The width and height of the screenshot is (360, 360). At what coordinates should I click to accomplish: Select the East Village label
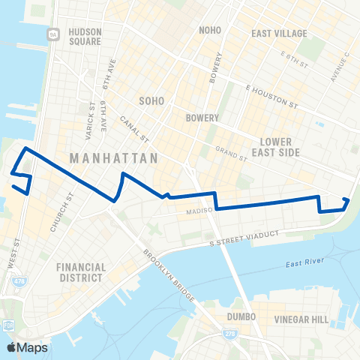(279, 34)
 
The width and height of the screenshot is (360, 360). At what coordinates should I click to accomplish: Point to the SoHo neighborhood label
(151, 100)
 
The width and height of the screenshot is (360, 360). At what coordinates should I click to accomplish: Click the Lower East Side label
(280, 146)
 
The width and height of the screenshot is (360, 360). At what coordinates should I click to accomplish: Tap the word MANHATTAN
(114, 159)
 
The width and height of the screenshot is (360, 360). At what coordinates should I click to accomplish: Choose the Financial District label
(80, 272)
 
